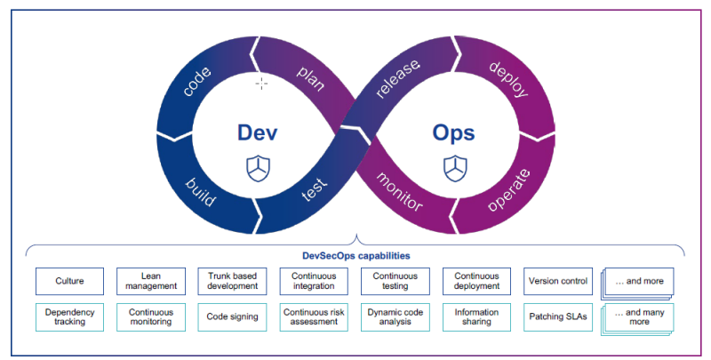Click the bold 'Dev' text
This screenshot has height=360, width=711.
(x=258, y=132)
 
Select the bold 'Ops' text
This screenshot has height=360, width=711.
(x=453, y=132)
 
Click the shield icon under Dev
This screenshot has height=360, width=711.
(x=258, y=168)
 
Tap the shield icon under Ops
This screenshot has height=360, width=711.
(x=453, y=168)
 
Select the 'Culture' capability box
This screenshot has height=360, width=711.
(x=69, y=281)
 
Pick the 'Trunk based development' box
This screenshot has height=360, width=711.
(x=232, y=281)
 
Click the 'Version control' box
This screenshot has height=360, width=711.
(x=558, y=281)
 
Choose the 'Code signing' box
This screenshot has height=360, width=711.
(x=232, y=316)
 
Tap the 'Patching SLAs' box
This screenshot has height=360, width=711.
(x=558, y=316)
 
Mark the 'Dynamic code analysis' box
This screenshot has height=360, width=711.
(x=395, y=316)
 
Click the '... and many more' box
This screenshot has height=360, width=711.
(x=637, y=317)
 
